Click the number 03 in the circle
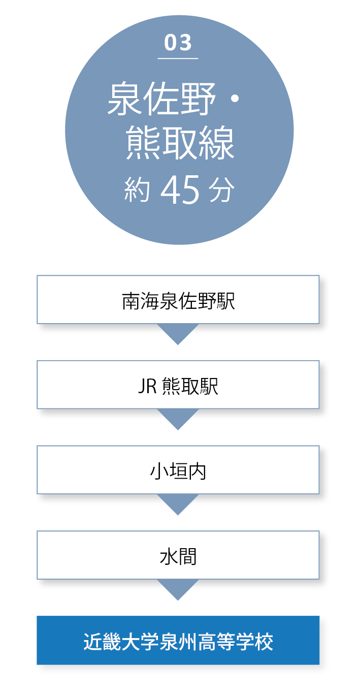[x=178, y=43]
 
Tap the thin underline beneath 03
[x=178, y=58]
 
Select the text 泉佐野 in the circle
[x=161, y=99]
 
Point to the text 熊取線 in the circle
[x=180, y=143]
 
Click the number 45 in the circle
[x=180, y=189]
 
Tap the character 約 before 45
[x=137, y=190]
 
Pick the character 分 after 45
[x=221, y=190]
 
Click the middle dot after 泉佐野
[x=235, y=99]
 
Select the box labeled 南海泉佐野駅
[x=178, y=300]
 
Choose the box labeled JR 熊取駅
[x=178, y=385]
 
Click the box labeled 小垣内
[x=178, y=470]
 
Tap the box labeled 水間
[x=178, y=555]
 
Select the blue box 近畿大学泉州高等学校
[x=178, y=640]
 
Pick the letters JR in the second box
[x=148, y=386]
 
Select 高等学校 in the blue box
[x=236, y=641]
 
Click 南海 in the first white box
[x=141, y=301]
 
